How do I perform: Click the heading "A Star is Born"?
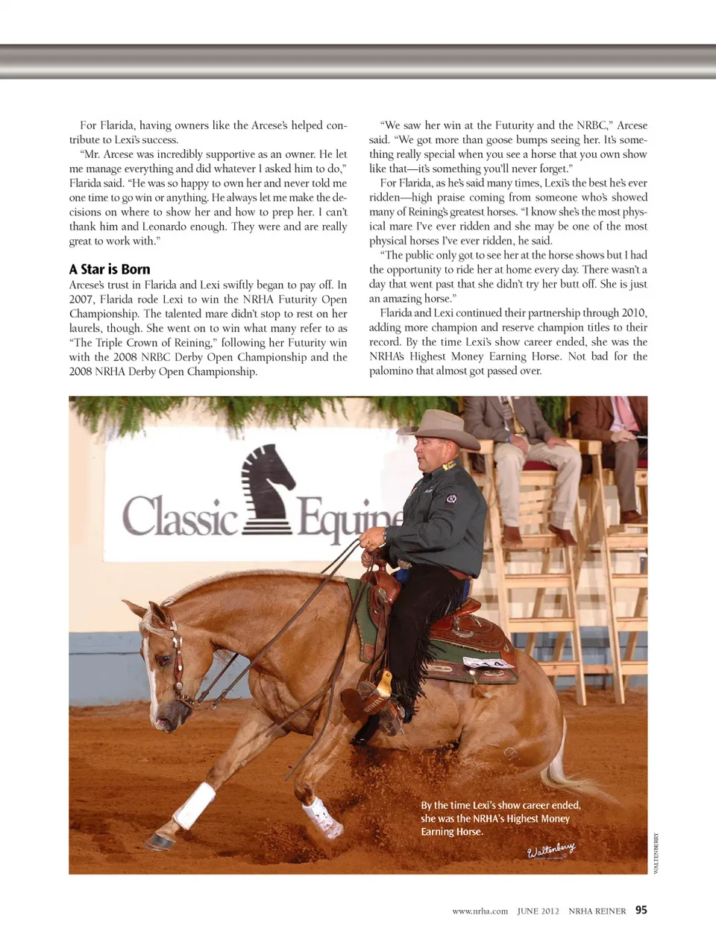tap(110, 269)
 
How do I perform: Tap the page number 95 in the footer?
tap(641, 910)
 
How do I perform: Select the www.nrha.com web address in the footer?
tap(480, 911)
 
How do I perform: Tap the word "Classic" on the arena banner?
tap(180, 515)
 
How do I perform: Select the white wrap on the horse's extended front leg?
tap(195, 806)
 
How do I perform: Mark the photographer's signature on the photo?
tap(551, 850)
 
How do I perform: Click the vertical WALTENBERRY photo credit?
tap(656, 853)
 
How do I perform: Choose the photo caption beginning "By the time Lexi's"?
tap(500, 819)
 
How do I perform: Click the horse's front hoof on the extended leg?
tap(159, 842)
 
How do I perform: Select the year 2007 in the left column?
tap(82, 299)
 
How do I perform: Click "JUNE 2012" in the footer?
tap(538, 911)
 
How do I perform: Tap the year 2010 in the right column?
tap(632, 313)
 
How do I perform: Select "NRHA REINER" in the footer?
tap(597, 911)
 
